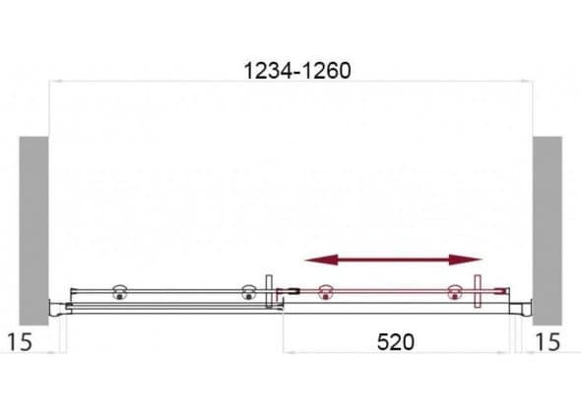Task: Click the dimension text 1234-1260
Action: tap(297, 71)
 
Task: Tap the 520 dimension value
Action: tap(395, 342)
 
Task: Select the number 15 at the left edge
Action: tap(20, 342)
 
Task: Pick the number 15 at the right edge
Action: tap(548, 342)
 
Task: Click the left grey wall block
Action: tap(33, 231)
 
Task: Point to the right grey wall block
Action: tap(548, 231)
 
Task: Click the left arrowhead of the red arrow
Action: tap(321, 260)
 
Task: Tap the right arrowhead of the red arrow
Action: tap(466, 260)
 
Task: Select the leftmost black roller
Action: tap(119, 292)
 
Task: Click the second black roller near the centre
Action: tap(248, 292)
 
